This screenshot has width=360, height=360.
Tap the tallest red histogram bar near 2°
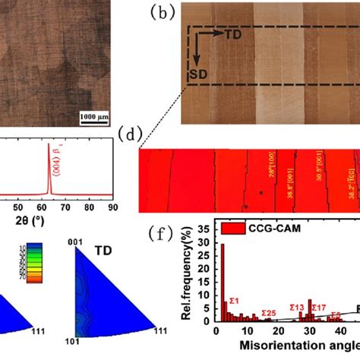click(x=223, y=282)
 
